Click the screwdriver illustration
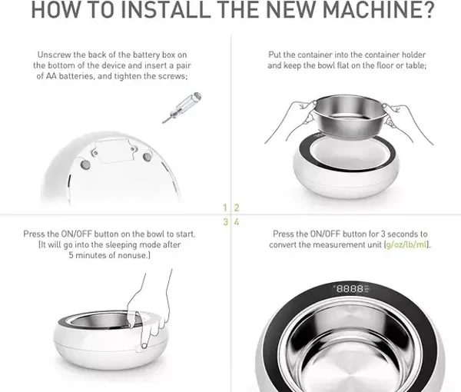tap(181, 108)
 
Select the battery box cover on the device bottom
tap(114, 151)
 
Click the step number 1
tap(225, 208)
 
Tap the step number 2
tap(237, 208)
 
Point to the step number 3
tap(225, 221)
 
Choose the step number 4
tap(237, 221)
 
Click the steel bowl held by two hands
tap(348, 116)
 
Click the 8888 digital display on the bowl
tap(350, 288)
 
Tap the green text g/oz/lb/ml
tap(406, 244)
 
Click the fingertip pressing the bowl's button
tap(144, 345)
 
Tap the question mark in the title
tap(428, 9)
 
